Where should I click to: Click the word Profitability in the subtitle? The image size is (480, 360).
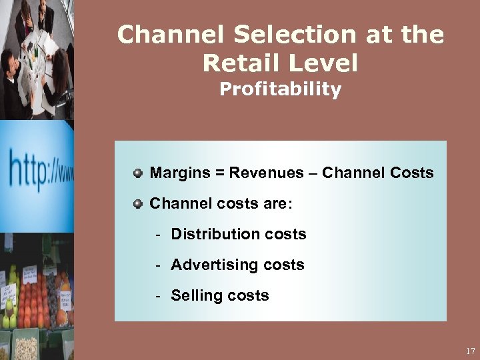280,89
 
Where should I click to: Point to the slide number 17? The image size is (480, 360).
471,351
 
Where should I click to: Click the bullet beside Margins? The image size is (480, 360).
137,173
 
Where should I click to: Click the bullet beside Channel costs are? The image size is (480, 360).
137,203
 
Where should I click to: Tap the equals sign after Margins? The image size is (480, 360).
218,173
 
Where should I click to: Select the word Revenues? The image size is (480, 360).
259,173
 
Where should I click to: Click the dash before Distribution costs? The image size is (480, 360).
159,235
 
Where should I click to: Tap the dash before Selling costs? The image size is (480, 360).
159,296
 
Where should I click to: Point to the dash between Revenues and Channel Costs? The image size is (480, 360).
311,174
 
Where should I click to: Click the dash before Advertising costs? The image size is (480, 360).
159,265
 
